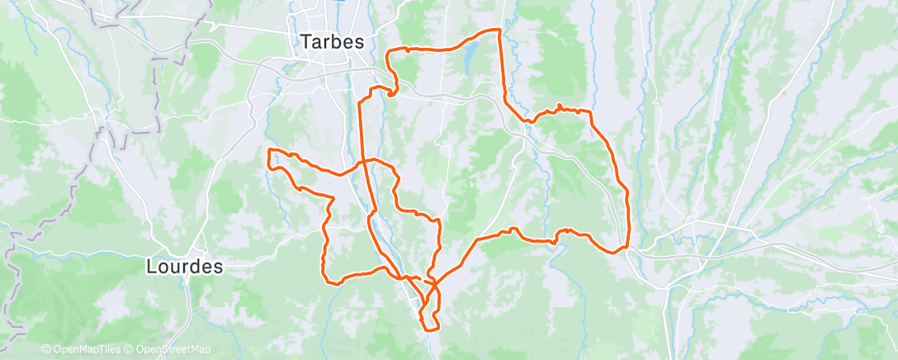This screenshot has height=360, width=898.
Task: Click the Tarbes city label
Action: [333, 41]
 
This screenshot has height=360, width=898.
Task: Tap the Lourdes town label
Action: [184, 267]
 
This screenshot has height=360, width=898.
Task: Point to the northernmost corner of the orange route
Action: [499, 31]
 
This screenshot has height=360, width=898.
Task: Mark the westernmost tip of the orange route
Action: [269, 151]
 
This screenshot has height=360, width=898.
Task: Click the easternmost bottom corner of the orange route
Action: [626, 246]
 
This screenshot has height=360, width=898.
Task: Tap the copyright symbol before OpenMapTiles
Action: [45, 350]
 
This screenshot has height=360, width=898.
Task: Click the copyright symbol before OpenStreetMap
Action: [130, 350]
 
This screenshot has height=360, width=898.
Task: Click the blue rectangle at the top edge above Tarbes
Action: [338, 2]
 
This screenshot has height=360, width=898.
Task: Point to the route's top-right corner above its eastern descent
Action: [589, 111]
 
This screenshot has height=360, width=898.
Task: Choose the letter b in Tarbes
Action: [337, 41]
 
